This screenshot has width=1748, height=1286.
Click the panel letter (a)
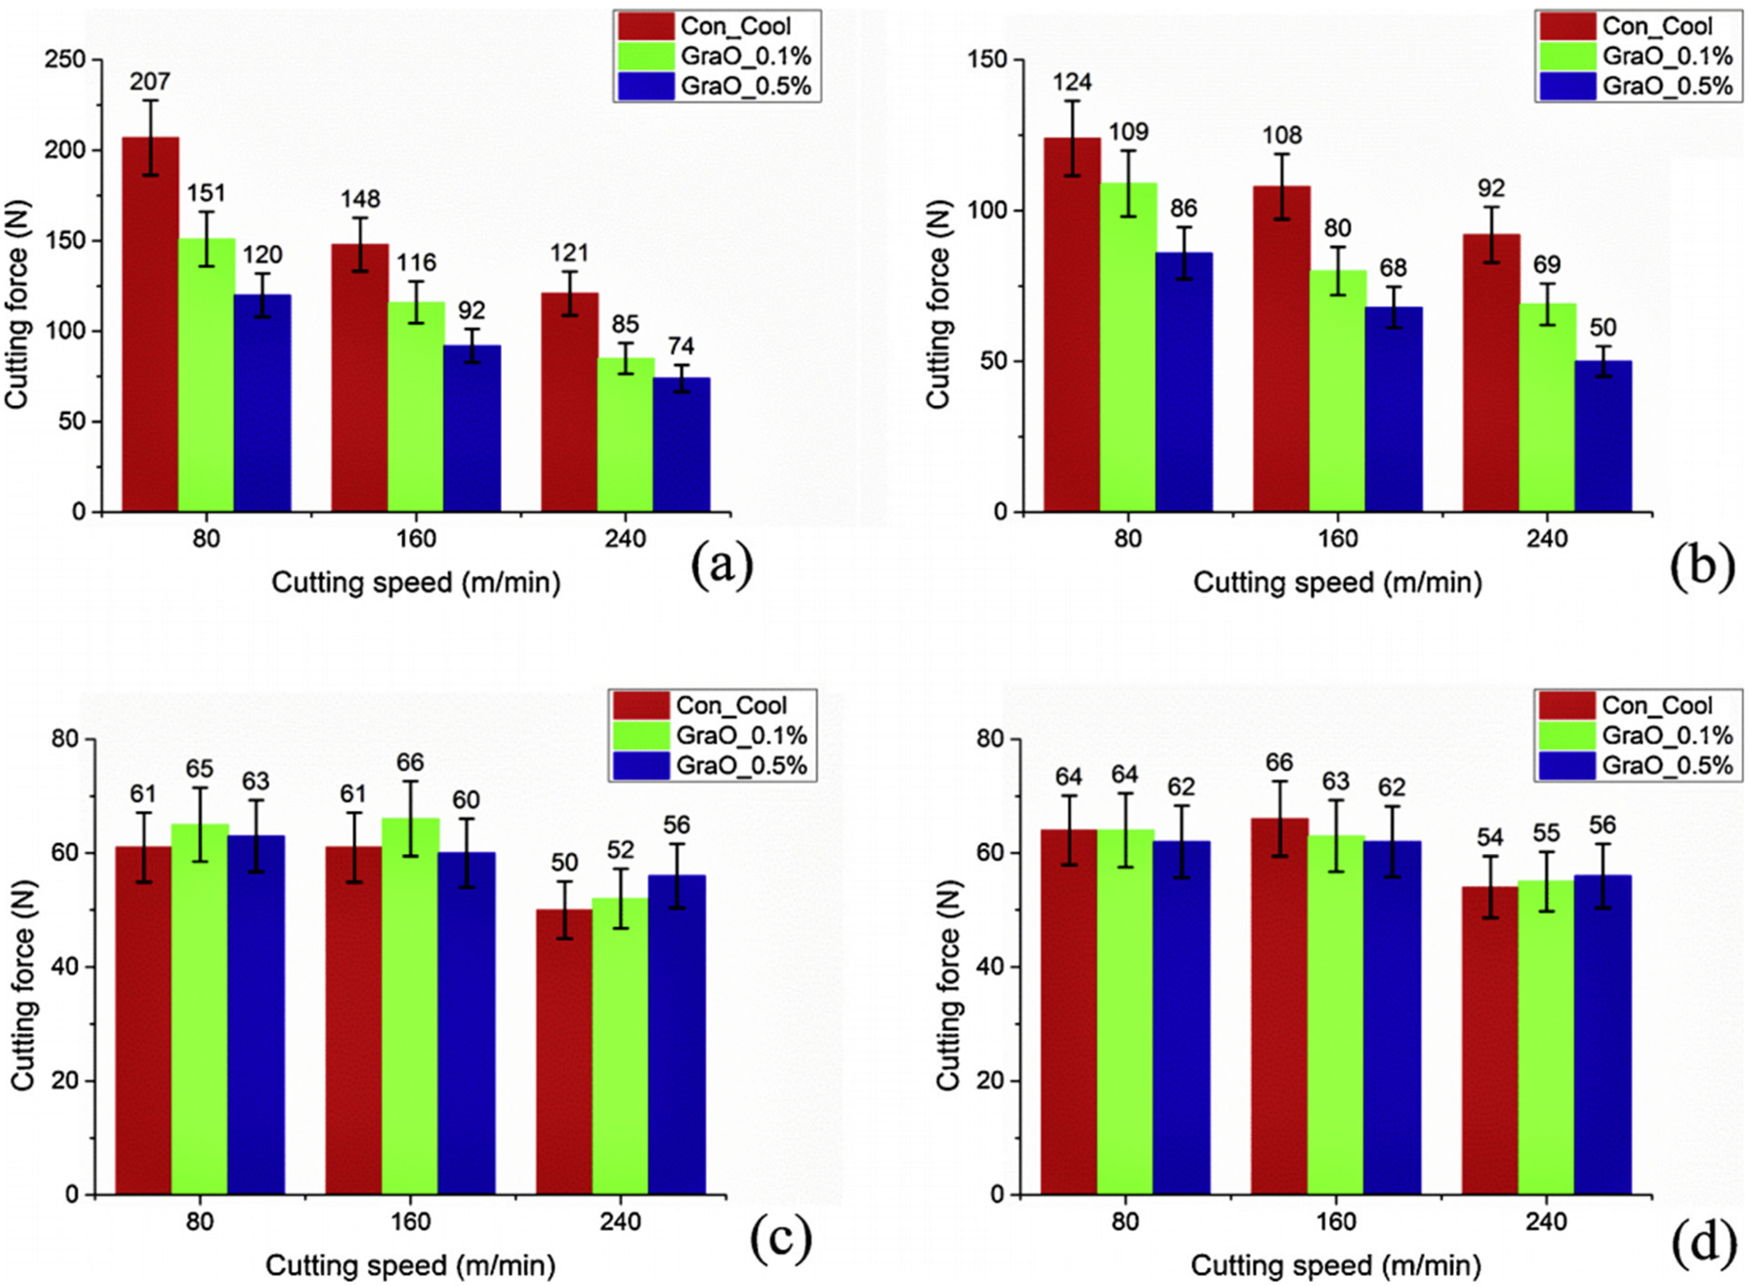coord(722,565)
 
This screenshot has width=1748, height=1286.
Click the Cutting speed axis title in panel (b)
coord(1337,583)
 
